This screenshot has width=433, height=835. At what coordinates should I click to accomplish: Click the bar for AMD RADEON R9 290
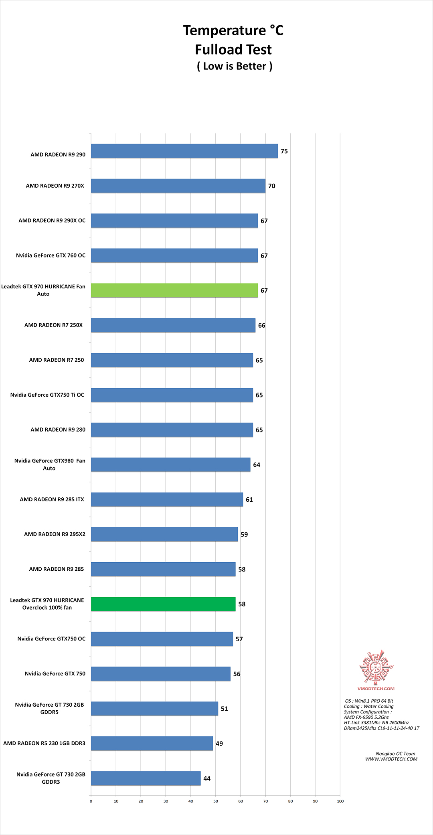(184, 151)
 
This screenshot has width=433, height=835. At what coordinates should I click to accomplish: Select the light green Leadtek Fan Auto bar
(174, 290)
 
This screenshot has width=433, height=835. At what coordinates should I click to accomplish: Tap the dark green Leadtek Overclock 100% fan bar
(163, 604)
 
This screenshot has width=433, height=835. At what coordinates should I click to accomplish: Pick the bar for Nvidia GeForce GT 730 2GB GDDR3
(146, 778)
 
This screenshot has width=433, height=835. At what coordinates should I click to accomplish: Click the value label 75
(284, 151)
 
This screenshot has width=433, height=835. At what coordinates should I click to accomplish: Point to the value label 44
(207, 778)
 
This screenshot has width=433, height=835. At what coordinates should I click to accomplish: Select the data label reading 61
(249, 500)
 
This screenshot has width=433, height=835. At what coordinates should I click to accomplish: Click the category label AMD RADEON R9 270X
(55, 186)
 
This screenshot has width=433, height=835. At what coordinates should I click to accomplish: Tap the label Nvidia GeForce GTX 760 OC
(51, 255)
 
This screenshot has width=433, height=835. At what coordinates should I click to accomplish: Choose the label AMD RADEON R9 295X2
(55, 534)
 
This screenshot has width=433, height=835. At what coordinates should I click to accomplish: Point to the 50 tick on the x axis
(216, 801)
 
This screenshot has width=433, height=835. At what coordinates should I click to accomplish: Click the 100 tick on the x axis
(340, 801)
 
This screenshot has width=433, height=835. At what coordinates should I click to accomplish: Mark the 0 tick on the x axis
(91, 801)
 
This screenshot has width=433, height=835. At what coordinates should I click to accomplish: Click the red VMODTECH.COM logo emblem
(376, 667)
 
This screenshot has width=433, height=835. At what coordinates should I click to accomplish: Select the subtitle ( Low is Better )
(235, 66)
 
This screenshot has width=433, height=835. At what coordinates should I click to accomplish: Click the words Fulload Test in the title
(233, 50)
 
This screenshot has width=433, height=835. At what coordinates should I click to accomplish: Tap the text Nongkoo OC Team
(395, 754)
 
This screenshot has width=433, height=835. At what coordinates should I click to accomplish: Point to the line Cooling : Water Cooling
(368, 706)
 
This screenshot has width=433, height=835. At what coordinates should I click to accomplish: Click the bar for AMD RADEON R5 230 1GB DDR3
(152, 744)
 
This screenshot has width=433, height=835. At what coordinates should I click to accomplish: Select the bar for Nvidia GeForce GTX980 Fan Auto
(170, 465)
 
